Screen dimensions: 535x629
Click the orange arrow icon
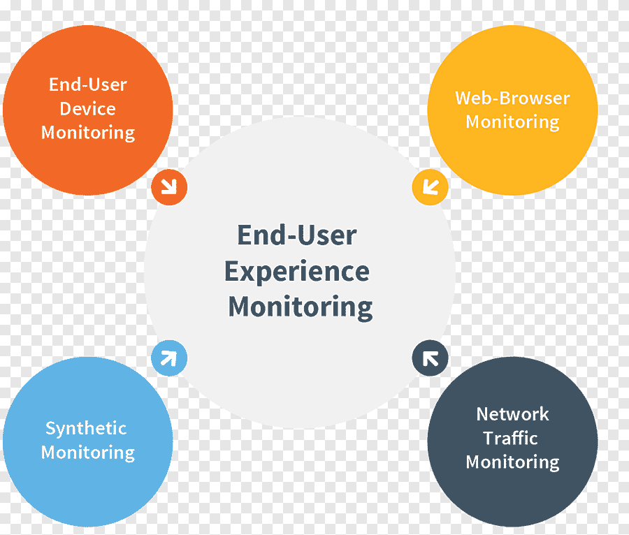tap(169, 187)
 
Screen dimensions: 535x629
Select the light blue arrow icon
tap(169, 358)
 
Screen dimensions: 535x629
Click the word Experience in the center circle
tap(297, 272)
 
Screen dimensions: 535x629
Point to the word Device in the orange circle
tap(87, 109)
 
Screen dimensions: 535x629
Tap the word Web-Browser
tap(512, 98)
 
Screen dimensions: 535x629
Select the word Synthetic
tap(86, 428)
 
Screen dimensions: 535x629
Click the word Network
tap(512, 414)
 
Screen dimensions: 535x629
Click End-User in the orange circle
tap(88, 85)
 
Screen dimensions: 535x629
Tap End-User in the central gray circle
tap(297, 235)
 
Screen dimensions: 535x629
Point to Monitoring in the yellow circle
tap(512, 122)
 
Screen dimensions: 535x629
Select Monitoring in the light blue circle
tap(88, 453)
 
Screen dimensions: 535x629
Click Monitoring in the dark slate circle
tap(512, 462)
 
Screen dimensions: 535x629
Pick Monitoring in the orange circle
tap(88, 133)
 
